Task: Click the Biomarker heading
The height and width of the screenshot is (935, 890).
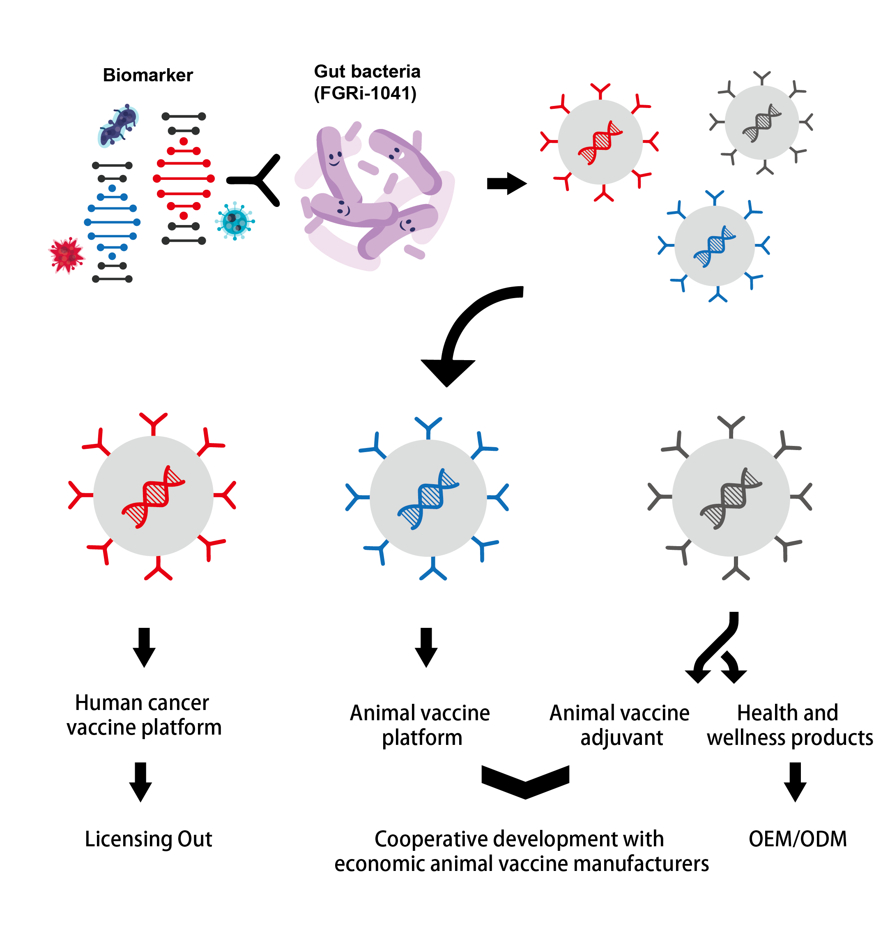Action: [x=147, y=75]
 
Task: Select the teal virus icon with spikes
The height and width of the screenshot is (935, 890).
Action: [x=235, y=221]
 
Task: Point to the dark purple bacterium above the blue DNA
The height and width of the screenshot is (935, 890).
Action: [x=117, y=125]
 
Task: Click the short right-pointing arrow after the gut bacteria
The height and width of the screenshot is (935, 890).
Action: [x=506, y=183]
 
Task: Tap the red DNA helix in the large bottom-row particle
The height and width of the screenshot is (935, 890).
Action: [x=153, y=497]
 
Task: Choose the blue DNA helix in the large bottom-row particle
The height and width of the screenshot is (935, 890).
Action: [x=428, y=499]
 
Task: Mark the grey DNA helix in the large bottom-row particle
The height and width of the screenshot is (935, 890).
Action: [x=731, y=498]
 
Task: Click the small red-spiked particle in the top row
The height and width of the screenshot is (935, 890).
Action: [x=600, y=142]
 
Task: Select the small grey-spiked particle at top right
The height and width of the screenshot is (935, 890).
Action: [x=762, y=122]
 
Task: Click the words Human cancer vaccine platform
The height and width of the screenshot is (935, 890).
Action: [x=144, y=715]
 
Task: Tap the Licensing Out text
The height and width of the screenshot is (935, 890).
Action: [x=148, y=839]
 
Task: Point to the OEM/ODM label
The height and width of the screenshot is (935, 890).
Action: [x=798, y=839]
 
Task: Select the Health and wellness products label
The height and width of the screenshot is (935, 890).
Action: [x=789, y=725]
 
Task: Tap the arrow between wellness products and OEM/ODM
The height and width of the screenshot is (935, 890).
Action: [x=795, y=782]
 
